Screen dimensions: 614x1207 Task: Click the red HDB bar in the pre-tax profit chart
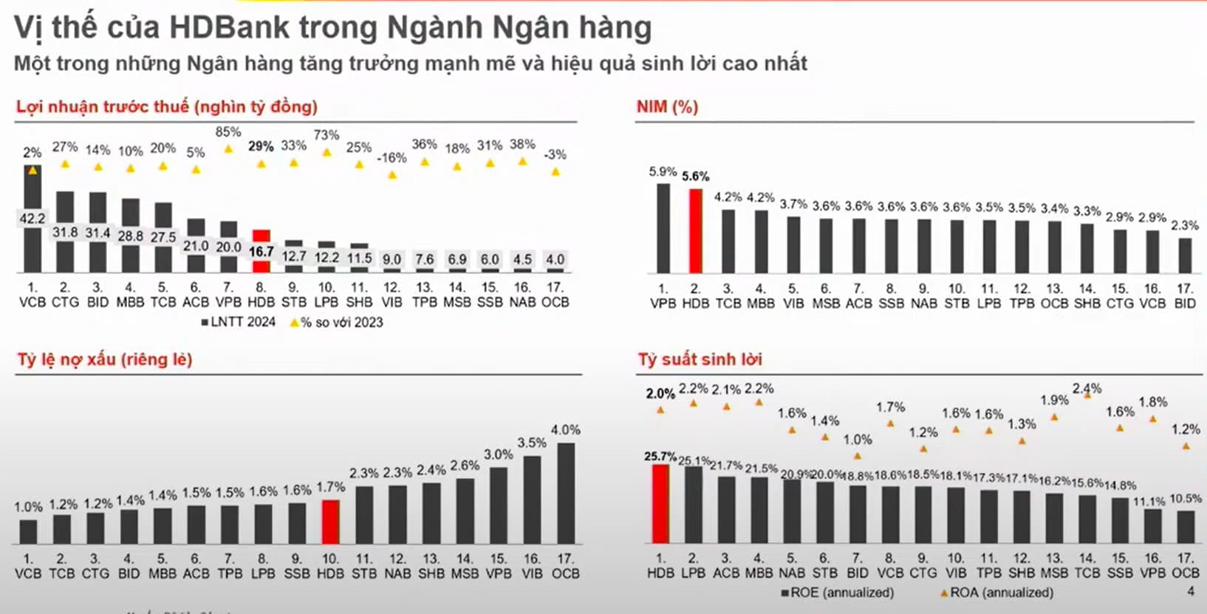[261, 251]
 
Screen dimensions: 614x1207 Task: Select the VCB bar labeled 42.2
[33, 219]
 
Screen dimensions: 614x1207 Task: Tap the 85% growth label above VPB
[228, 132]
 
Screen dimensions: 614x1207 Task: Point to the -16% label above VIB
[391, 158]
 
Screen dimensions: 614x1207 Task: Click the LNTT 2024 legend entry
[238, 322]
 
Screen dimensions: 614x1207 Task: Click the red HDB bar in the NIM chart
[695, 231]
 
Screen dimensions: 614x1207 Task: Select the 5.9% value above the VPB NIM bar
[663, 171]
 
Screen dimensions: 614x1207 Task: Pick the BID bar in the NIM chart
[1185, 256]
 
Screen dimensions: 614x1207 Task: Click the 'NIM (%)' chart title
[667, 107]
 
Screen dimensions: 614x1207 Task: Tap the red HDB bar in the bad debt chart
[330, 522]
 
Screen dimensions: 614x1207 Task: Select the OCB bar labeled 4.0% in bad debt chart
[566, 493]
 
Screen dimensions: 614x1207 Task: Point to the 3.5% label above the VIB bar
[532, 443]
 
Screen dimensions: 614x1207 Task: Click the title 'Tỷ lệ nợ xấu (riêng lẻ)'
[105, 360]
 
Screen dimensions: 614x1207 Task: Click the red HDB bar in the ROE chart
[660, 504]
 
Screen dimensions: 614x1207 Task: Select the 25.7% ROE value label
[660, 457]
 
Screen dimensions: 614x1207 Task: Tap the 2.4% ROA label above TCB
[1087, 389]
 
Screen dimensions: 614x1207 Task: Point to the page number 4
[1190, 592]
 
